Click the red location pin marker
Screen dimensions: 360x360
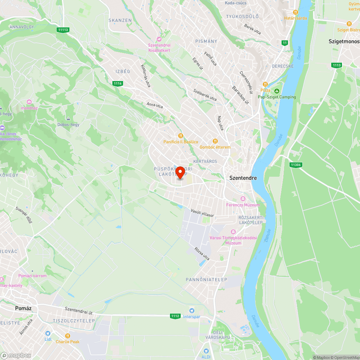(x=181, y=172)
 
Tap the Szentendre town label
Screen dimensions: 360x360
(x=243, y=178)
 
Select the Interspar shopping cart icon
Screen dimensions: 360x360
(x=192, y=311)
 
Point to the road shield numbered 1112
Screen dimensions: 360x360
(x=175, y=316)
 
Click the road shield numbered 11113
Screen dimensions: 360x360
(x=63, y=30)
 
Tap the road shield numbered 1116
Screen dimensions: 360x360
(x=117, y=84)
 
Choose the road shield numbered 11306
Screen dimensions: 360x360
(x=295, y=165)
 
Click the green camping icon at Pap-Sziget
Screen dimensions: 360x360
(x=276, y=91)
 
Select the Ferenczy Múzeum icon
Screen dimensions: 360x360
(x=243, y=199)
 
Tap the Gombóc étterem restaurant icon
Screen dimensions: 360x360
(x=215, y=141)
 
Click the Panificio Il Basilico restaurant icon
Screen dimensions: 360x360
(x=181, y=135)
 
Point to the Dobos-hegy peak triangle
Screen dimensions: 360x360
(x=68, y=119)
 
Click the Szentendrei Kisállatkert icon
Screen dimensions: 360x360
(x=159, y=39)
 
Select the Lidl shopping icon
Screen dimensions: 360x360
(x=48, y=333)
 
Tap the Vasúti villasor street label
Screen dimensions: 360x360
(x=202, y=213)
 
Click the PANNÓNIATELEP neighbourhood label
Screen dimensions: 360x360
(x=206, y=280)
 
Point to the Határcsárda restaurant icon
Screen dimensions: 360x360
(x=295, y=12)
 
